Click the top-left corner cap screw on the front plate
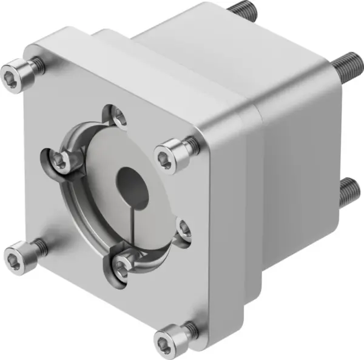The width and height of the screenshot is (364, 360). (19, 67)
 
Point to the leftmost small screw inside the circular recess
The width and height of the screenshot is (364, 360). (60, 161)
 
